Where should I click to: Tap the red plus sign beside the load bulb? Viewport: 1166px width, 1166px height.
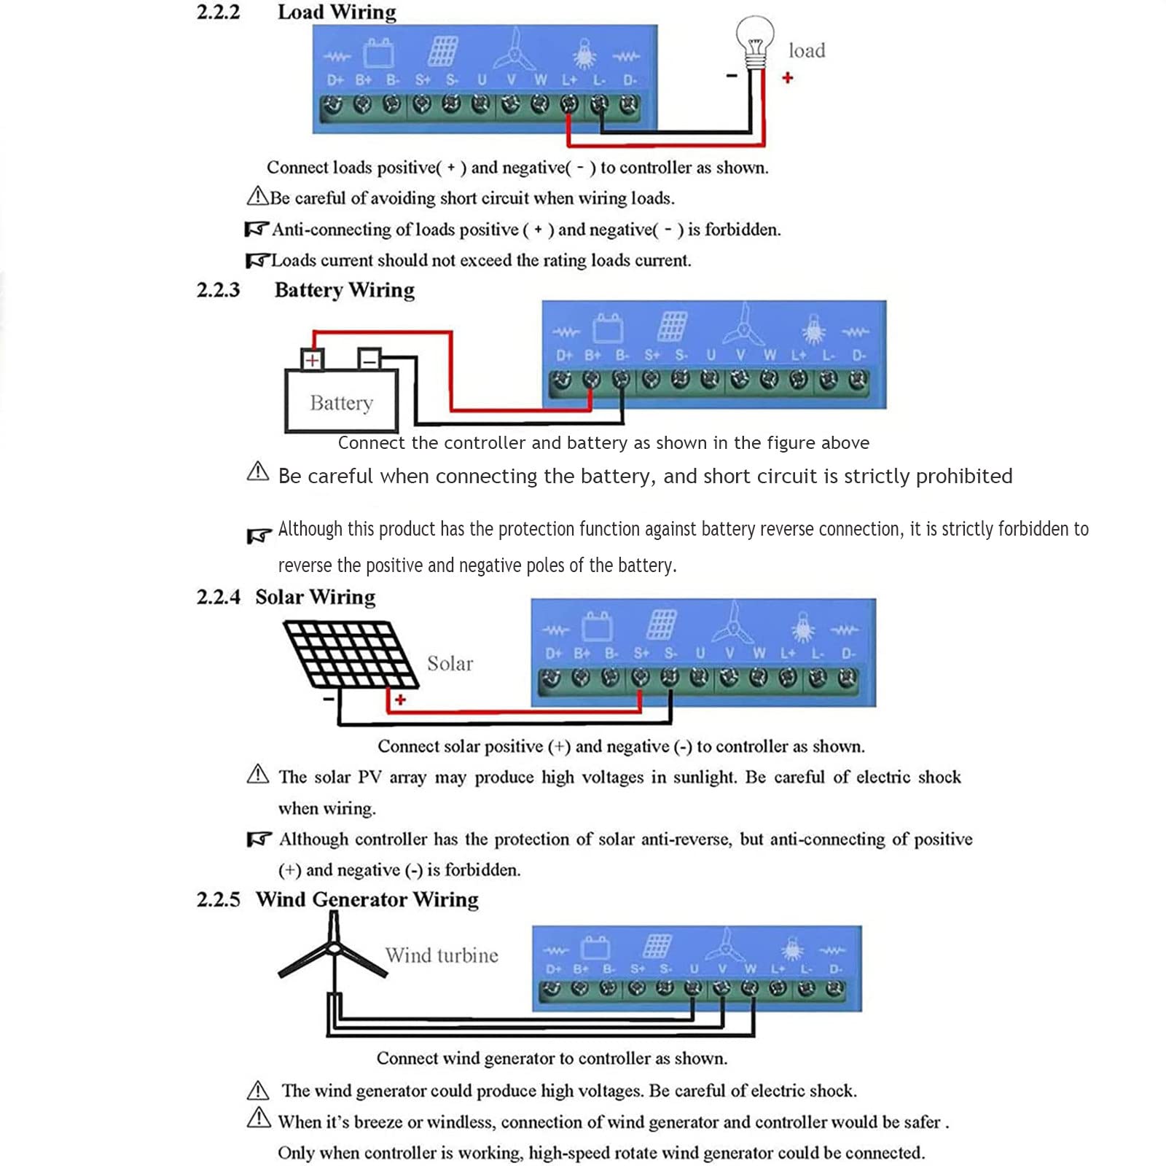pos(787,77)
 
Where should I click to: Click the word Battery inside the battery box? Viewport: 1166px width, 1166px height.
pos(341,403)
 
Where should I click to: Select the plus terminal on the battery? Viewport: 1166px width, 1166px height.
pos(312,359)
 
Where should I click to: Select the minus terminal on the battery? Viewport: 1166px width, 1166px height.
pos(369,359)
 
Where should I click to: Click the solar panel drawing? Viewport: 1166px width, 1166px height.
pos(351,654)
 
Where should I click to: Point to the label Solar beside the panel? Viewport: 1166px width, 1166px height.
pos(450,663)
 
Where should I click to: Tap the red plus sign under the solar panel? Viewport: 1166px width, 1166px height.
pos(400,700)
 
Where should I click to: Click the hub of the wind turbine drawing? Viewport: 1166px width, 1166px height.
pos(334,948)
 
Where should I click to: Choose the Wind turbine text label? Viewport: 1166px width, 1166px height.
pos(442,955)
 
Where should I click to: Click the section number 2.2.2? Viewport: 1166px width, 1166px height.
pos(218,12)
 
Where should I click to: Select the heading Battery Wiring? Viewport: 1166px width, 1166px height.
pos(345,290)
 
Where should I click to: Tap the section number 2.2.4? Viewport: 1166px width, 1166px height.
pos(218,597)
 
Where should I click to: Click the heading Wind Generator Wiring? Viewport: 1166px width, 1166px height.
pos(367,899)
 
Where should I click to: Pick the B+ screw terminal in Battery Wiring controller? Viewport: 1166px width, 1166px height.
pos(592,380)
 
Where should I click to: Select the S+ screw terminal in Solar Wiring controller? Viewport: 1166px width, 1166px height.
pos(640,678)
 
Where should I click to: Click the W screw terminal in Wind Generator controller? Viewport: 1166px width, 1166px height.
pos(750,989)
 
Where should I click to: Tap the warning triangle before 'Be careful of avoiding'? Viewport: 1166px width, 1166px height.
pos(258,195)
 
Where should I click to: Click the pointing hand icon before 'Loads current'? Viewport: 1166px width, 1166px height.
pos(257,260)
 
